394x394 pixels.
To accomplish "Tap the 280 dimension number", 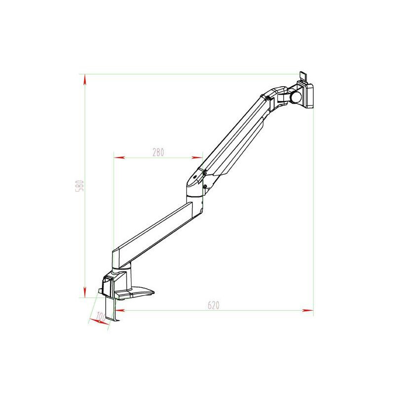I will (x=158, y=152).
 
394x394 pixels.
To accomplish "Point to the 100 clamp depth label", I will (x=101, y=317).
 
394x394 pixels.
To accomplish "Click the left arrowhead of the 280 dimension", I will (x=118, y=158).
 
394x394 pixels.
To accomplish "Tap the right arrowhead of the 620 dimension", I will (x=309, y=310).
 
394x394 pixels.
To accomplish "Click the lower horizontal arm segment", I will (x=153, y=231).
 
